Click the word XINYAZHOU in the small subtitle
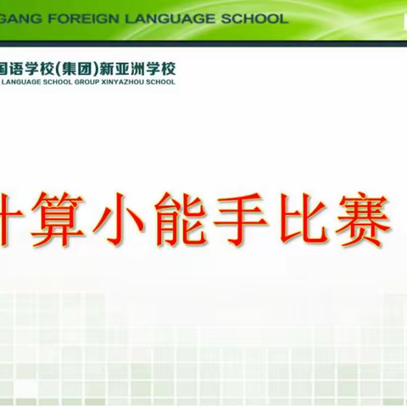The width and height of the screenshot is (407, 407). pos(125,82)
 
